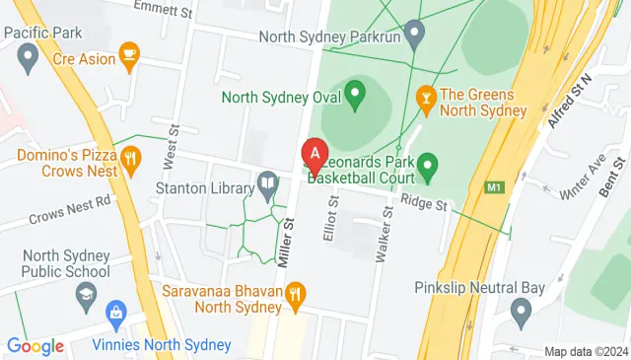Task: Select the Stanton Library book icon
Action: coord(267,183)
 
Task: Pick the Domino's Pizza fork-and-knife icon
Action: coord(130,157)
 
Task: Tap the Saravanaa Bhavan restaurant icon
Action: coord(294,293)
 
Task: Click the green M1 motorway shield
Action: coord(494,186)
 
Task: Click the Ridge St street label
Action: coord(425,204)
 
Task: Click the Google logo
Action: coord(35,346)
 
